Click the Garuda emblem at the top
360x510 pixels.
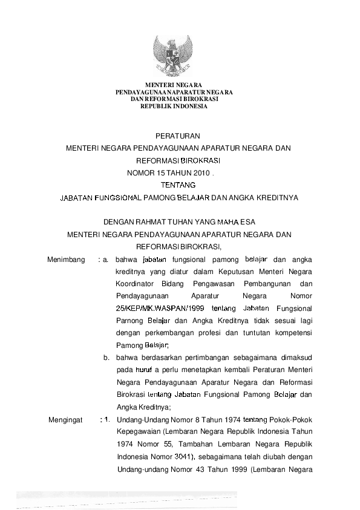[x=174, y=57]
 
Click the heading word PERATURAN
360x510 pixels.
[x=178, y=136]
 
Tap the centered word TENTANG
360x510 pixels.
[x=178, y=185]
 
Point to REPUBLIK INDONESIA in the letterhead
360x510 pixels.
[x=174, y=106]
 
